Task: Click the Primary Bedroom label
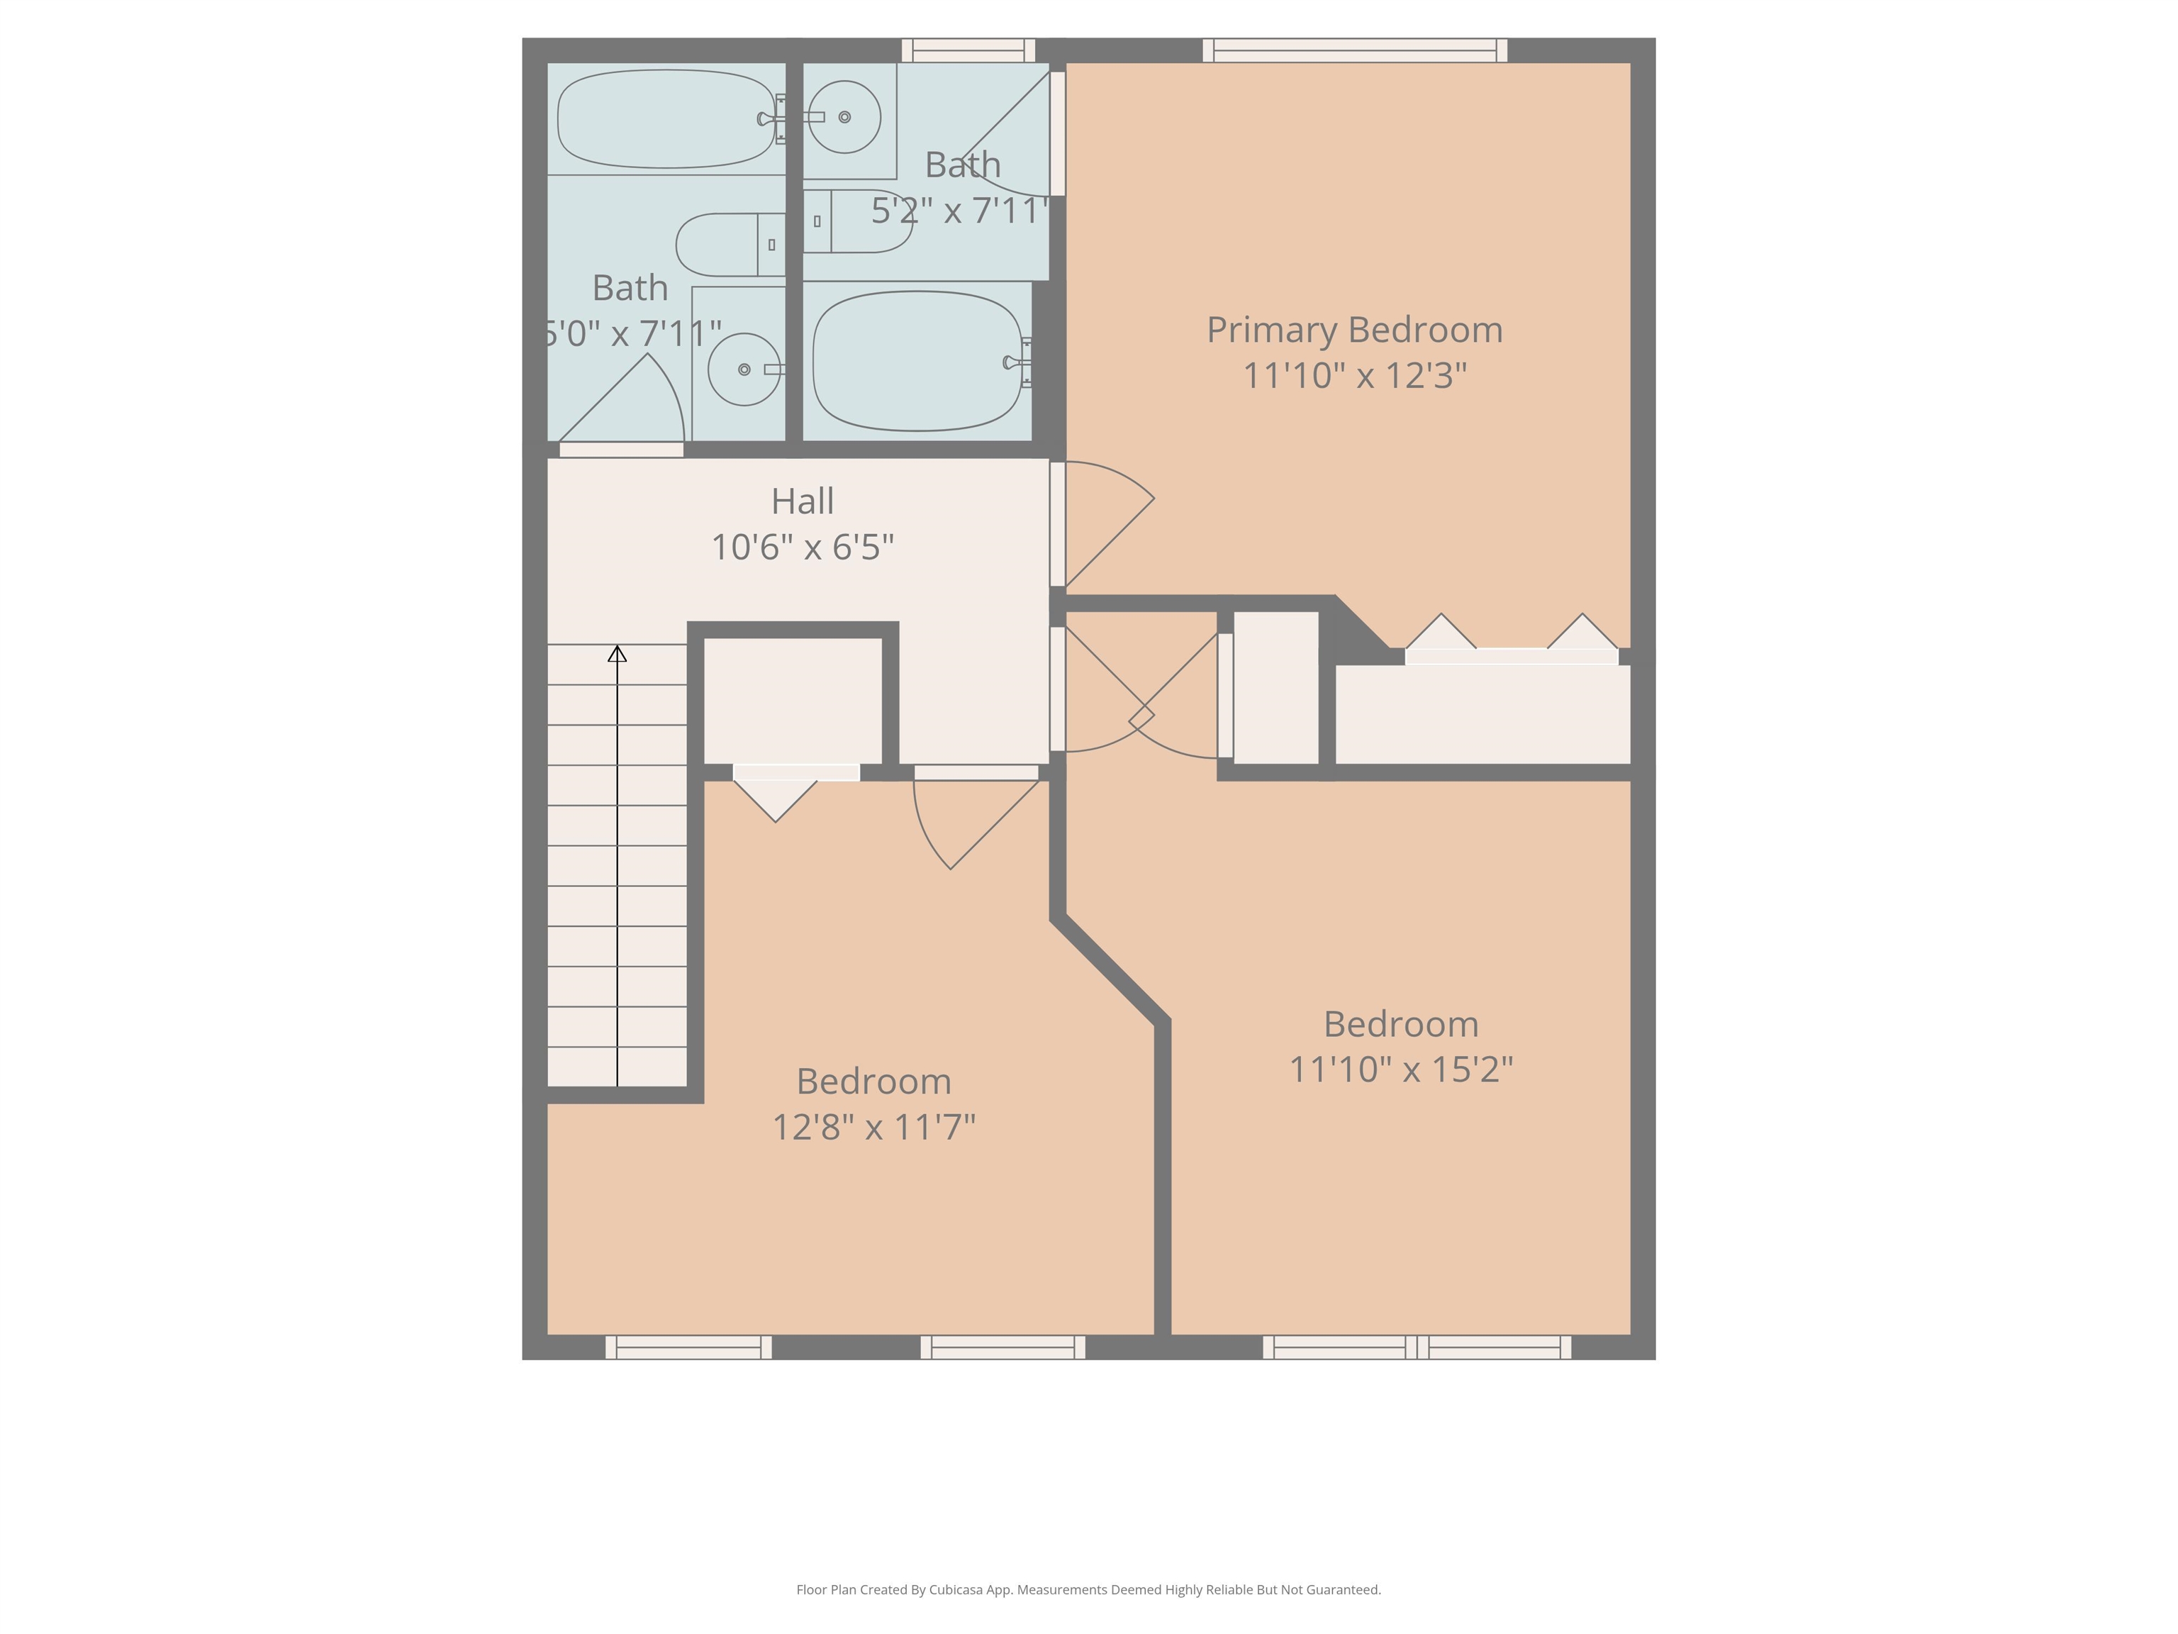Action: click(x=1354, y=330)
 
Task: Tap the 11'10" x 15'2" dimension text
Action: click(x=1400, y=1069)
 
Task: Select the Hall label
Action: click(x=803, y=501)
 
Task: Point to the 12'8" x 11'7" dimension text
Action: click(x=873, y=1127)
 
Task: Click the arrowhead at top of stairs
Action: click(x=618, y=654)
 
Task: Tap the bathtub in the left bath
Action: click(x=666, y=118)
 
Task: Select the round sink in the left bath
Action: click(x=744, y=369)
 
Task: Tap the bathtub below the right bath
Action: click(x=917, y=362)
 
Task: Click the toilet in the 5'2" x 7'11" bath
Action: click(x=856, y=221)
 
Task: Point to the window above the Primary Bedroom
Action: click(x=1355, y=50)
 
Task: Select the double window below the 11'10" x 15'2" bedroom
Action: click(x=1417, y=1347)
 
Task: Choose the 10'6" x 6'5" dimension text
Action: click(x=803, y=547)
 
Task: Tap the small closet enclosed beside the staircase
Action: click(x=793, y=699)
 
